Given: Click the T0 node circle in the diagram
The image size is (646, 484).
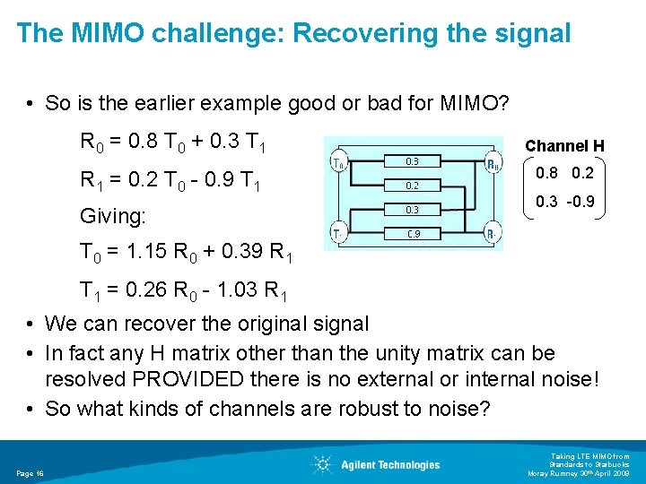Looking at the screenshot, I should [339, 164].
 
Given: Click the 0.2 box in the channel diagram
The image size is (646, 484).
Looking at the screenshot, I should [412, 186].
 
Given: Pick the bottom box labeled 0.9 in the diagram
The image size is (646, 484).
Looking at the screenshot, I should [412, 234].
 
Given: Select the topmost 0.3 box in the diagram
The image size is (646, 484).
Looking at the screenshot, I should [412, 161].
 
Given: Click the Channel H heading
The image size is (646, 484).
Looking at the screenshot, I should [564, 145].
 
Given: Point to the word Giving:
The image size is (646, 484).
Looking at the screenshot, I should [114, 216].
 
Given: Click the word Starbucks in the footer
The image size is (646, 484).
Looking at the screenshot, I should [610, 464].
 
